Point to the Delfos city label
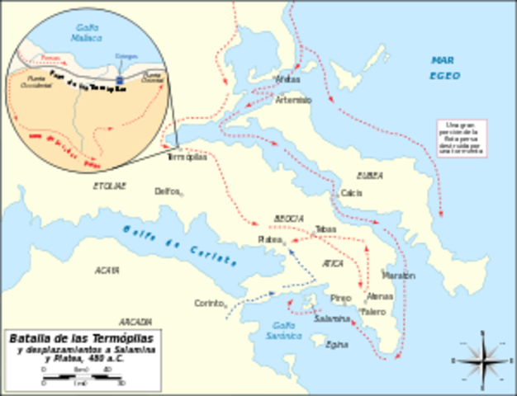167,191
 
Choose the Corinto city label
209,303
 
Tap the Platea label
269,239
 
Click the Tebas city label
325,229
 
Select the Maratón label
398,275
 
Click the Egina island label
337,344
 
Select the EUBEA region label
369,175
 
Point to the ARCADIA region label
134,321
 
